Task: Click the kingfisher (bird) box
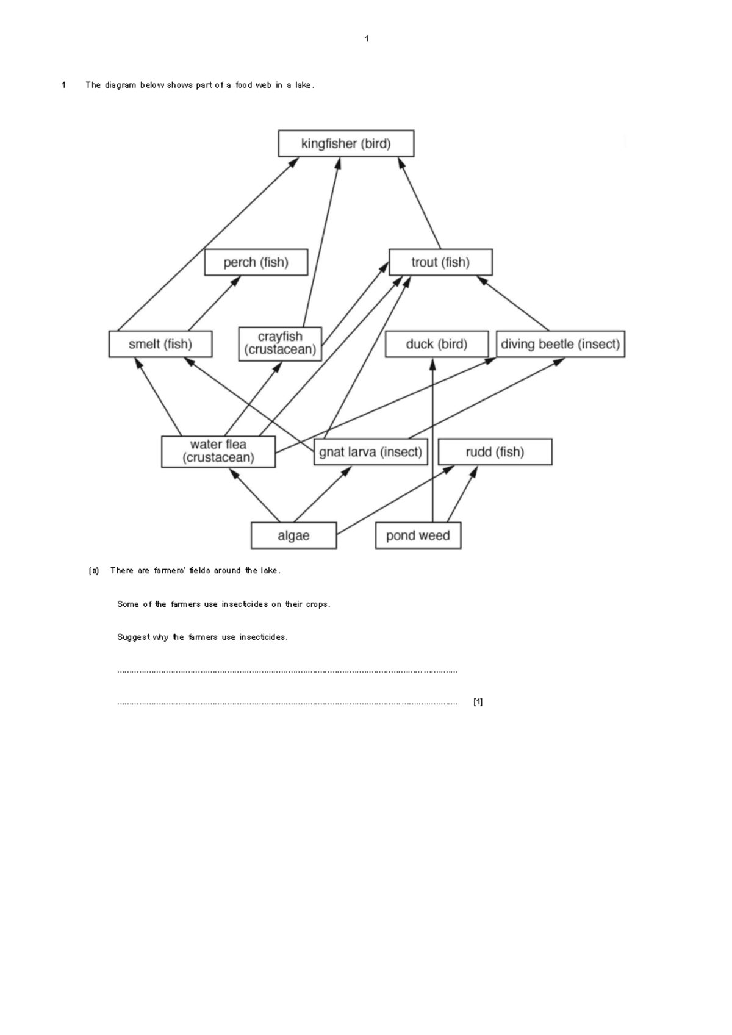(346, 143)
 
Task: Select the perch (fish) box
(256, 262)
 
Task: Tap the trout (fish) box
(440, 262)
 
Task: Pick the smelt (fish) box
(160, 344)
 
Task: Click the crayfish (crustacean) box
(280, 344)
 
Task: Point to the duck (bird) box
(437, 344)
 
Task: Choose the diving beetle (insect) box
(560, 344)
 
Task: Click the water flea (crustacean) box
(218, 451)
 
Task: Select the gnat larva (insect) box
(370, 452)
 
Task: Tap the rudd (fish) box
(495, 452)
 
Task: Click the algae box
(293, 535)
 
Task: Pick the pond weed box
(418, 535)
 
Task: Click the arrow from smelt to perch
(213, 304)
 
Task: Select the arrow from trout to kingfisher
(420, 204)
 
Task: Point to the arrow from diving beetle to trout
(514, 304)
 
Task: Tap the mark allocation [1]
(478, 702)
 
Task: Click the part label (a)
(93, 571)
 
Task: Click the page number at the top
(367, 39)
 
